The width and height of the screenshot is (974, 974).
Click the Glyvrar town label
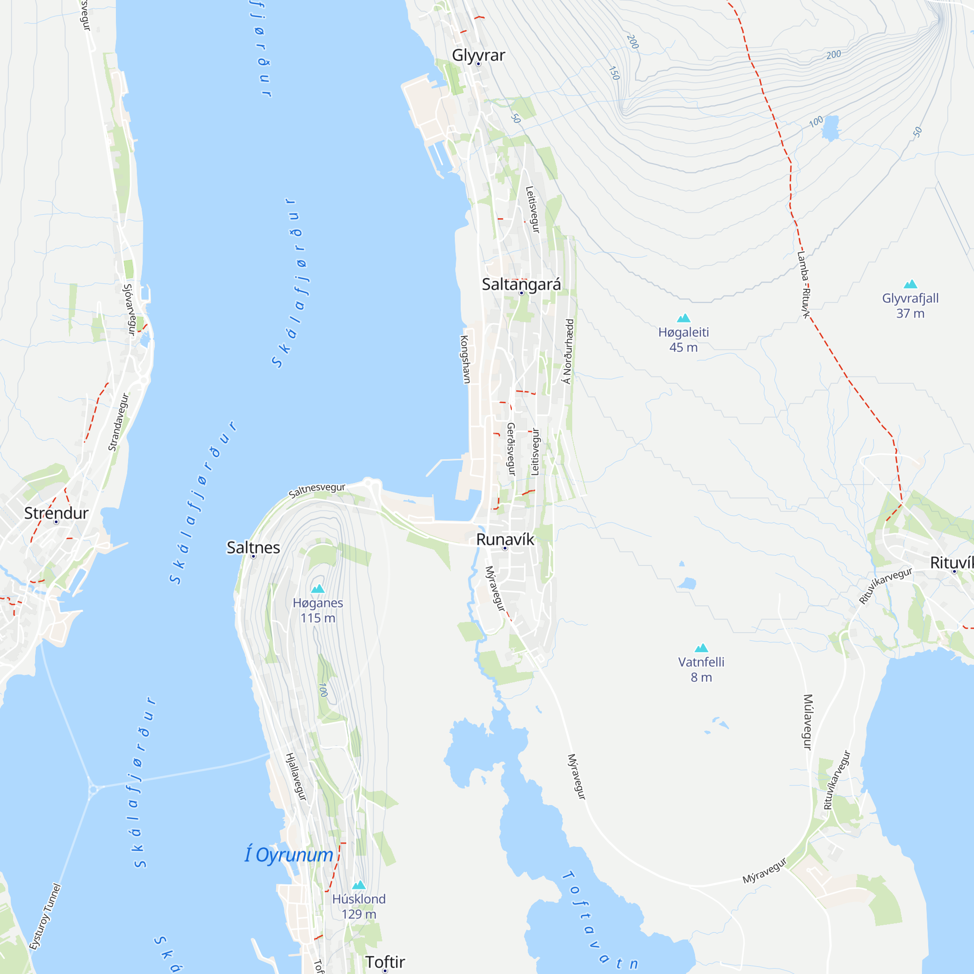pyautogui.click(x=478, y=55)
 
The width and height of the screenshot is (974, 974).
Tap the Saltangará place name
pyautogui.click(x=521, y=284)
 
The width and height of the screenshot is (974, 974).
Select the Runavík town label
pyautogui.click(x=505, y=540)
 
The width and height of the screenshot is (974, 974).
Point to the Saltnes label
pyautogui.click(x=253, y=547)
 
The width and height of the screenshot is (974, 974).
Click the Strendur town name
pyautogui.click(x=56, y=513)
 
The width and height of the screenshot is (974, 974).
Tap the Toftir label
pyautogui.click(x=385, y=962)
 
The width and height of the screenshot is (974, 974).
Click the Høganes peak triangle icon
pyautogui.click(x=318, y=588)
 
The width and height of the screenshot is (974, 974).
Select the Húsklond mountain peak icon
pyautogui.click(x=358, y=885)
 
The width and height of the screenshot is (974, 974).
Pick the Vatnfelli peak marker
pyautogui.click(x=701, y=648)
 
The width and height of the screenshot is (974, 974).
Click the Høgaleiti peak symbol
pyautogui.click(x=683, y=318)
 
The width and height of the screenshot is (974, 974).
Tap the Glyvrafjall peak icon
pyautogui.click(x=910, y=284)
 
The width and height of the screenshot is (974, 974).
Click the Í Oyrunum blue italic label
pyautogui.click(x=289, y=855)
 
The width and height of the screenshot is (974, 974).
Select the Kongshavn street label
pyautogui.click(x=465, y=359)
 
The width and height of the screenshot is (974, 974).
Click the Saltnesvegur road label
pyautogui.click(x=317, y=489)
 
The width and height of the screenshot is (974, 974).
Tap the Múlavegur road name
pyautogui.click(x=807, y=722)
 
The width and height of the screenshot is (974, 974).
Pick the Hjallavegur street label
pyautogui.click(x=296, y=776)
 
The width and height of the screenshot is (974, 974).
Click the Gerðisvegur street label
pyautogui.click(x=511, y=449)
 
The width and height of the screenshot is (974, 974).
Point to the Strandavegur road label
pyautogui.click(x=118, y=422)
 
